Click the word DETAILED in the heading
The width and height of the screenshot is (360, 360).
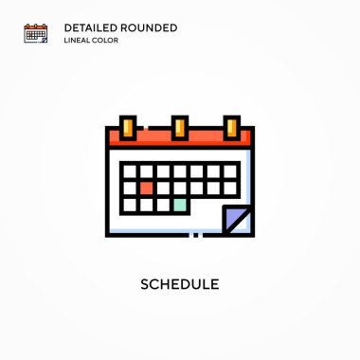pos(91,27)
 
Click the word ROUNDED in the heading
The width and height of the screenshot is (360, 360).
pos(149,27)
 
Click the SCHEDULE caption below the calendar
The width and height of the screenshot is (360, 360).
pos(180,284)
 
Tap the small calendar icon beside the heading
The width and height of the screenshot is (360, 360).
pos(36,33)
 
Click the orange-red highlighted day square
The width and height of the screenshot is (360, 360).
pos(146,189)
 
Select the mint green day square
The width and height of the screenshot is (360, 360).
pos(180,205)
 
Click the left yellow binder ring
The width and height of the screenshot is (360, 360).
pos(128,128)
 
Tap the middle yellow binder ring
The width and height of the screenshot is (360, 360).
pos(180,128)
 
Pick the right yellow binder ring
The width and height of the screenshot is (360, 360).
pos(232,128)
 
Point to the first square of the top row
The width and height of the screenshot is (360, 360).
pos(130,171)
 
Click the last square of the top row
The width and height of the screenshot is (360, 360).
pos(230,171)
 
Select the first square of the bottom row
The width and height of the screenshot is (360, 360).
pos(130,205)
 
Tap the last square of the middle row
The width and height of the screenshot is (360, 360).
pos(230,189)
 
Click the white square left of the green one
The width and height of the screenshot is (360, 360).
pos(163,205)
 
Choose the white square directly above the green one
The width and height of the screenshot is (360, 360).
pos(180,189)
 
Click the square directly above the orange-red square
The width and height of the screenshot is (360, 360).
pos(146,171)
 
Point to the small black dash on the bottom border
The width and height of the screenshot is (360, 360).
pos(196,235)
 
